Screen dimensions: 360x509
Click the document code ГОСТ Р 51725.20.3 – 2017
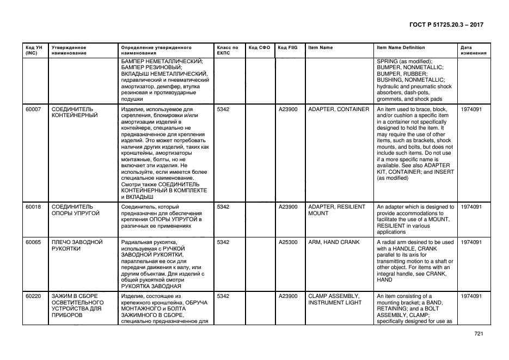pyautogui.click(x=446, y=25)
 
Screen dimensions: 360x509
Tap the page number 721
pyautogui.click(x=478, y=334)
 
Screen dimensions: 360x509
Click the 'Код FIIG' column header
pyautogui.click(x=286, y=48)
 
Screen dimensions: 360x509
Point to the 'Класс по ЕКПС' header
pyautogui.click(x=227, y=51)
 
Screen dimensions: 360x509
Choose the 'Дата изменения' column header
pyautogui.click(x=473, y=51)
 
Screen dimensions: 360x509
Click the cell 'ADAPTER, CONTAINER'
pyautogui.click(x=338, y=109)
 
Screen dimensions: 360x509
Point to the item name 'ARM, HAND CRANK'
pyautogui.click(x=334, y=242)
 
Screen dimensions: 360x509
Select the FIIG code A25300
pyautogui.click(x=288, y=242)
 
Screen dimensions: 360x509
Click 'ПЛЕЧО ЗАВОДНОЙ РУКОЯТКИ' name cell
pyautogui.click(x=77, y=246)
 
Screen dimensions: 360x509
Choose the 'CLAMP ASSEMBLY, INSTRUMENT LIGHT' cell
pyautogui.click(x=335, y=299)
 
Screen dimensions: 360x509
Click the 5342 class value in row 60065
pyautogui.click(x=223, y=242)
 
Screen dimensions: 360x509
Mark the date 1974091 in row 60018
pyautogui.click(x=471, y=208)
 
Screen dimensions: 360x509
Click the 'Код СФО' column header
pyautogui.click(x=259, y=48)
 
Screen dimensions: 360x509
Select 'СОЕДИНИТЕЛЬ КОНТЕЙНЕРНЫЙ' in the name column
pyautogui.click(x=75, y=113)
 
